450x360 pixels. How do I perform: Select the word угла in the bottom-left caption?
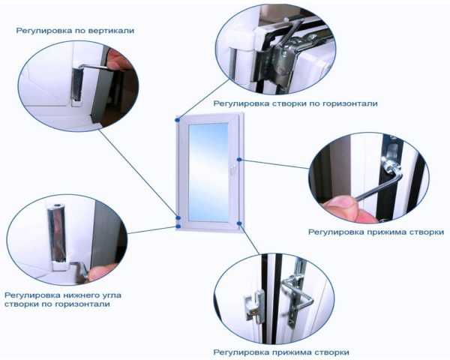(x=112, y=295)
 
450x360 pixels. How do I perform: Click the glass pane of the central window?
(x=208, y=172)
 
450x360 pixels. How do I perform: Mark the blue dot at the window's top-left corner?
(x=178, y=119)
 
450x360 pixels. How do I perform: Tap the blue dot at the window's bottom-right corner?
(x=239, y=223)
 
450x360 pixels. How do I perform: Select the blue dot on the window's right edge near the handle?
(x=239, y=160)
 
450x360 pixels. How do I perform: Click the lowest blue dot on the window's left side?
(x=178, y=226)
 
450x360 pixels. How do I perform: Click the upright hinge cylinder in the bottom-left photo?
(x=56, y=233)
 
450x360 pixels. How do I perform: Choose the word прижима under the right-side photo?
(x=387, y=232)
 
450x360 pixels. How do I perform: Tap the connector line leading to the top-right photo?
(x=203, y=99)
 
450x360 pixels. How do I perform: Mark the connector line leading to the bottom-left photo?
(x=151, y=230)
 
